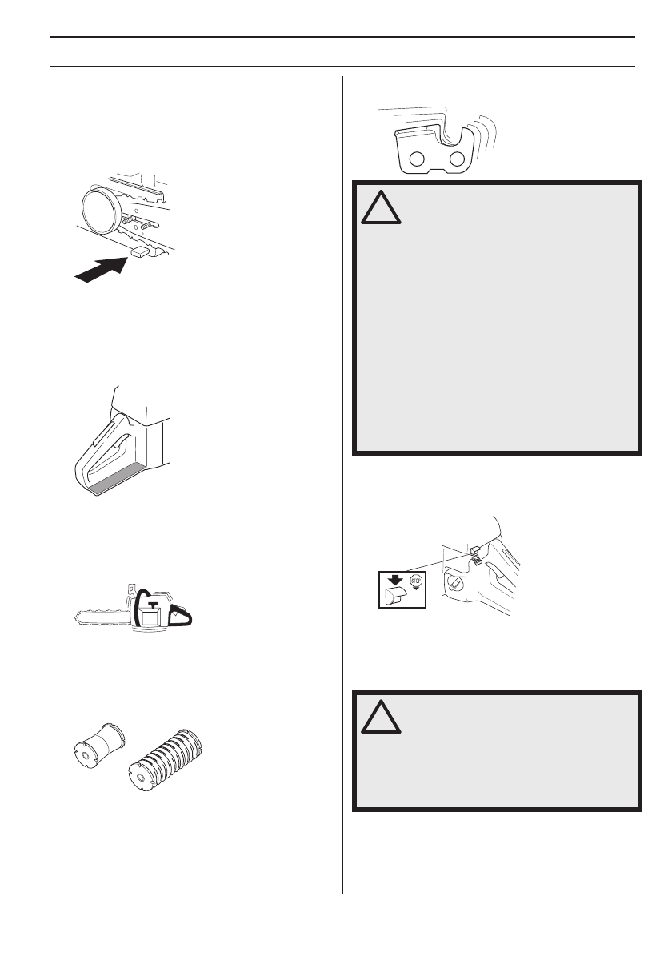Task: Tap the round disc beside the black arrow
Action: click(x=99, y=211)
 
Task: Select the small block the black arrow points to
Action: click(x=140, y=252)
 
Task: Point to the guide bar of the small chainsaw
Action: click(x=105, y=619)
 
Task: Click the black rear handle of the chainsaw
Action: click(x=182, y=617)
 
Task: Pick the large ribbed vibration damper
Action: click(x=166, y=760)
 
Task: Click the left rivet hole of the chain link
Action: click(x=417, y=159)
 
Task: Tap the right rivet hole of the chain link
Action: click(x=456, y=159)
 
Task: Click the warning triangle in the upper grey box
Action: click(x=381, y=208)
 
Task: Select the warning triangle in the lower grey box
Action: click(x=381, y=718)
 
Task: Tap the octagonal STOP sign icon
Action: click(x=416, y=581)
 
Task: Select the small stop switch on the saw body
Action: click(x=475, y=555)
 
